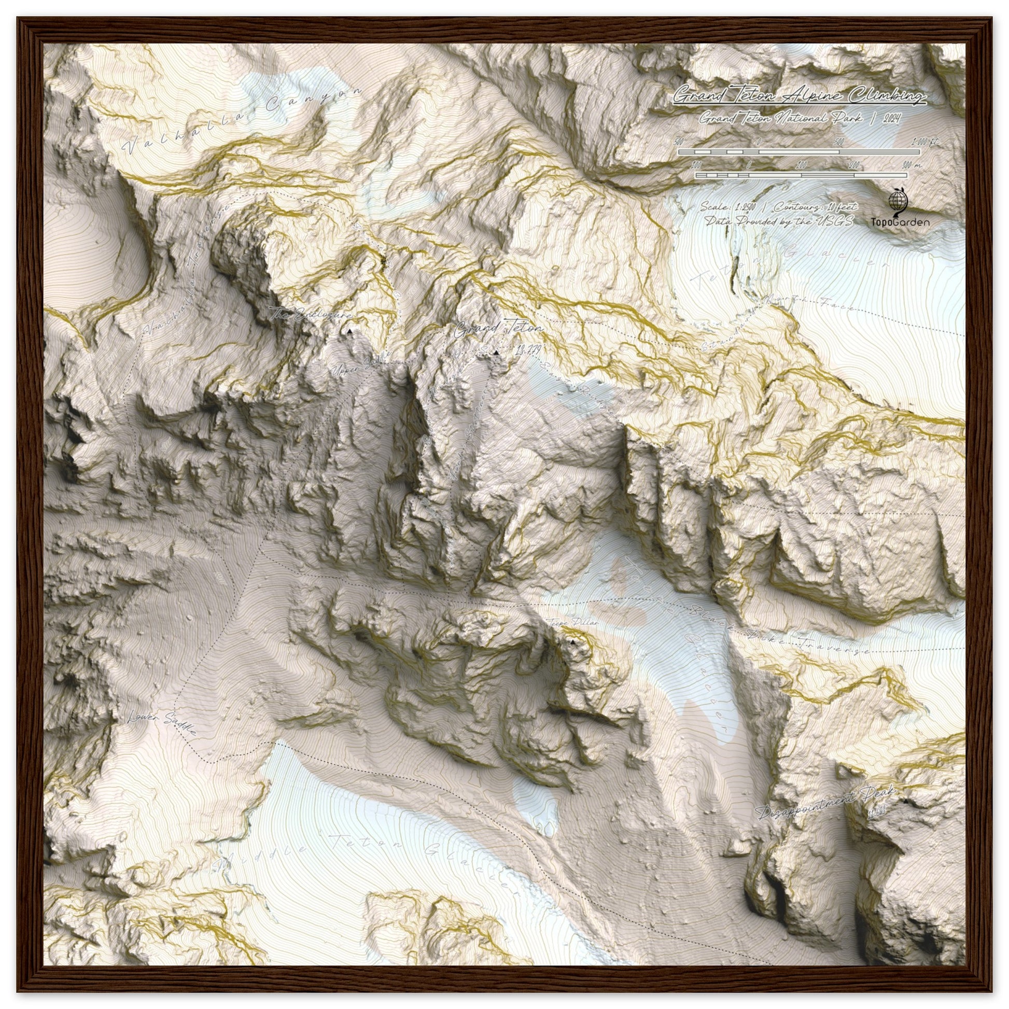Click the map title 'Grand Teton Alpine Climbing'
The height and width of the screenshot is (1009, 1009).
pos(799,95)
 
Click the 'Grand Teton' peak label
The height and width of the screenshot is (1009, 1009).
pos(498,330)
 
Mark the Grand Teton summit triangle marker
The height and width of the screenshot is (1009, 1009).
pos(496,353)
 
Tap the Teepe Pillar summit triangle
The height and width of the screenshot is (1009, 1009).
pos(573,641)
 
